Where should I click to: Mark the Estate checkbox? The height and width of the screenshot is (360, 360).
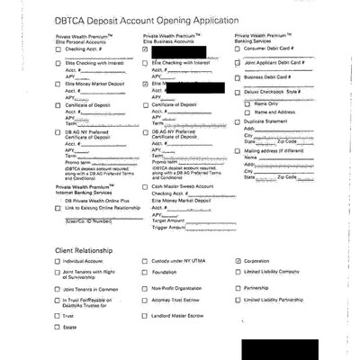(x=57, y=328)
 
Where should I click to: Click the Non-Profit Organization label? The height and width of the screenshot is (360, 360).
(x=178, y=288)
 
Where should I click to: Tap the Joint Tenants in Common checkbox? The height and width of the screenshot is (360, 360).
(x=57, y=288)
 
